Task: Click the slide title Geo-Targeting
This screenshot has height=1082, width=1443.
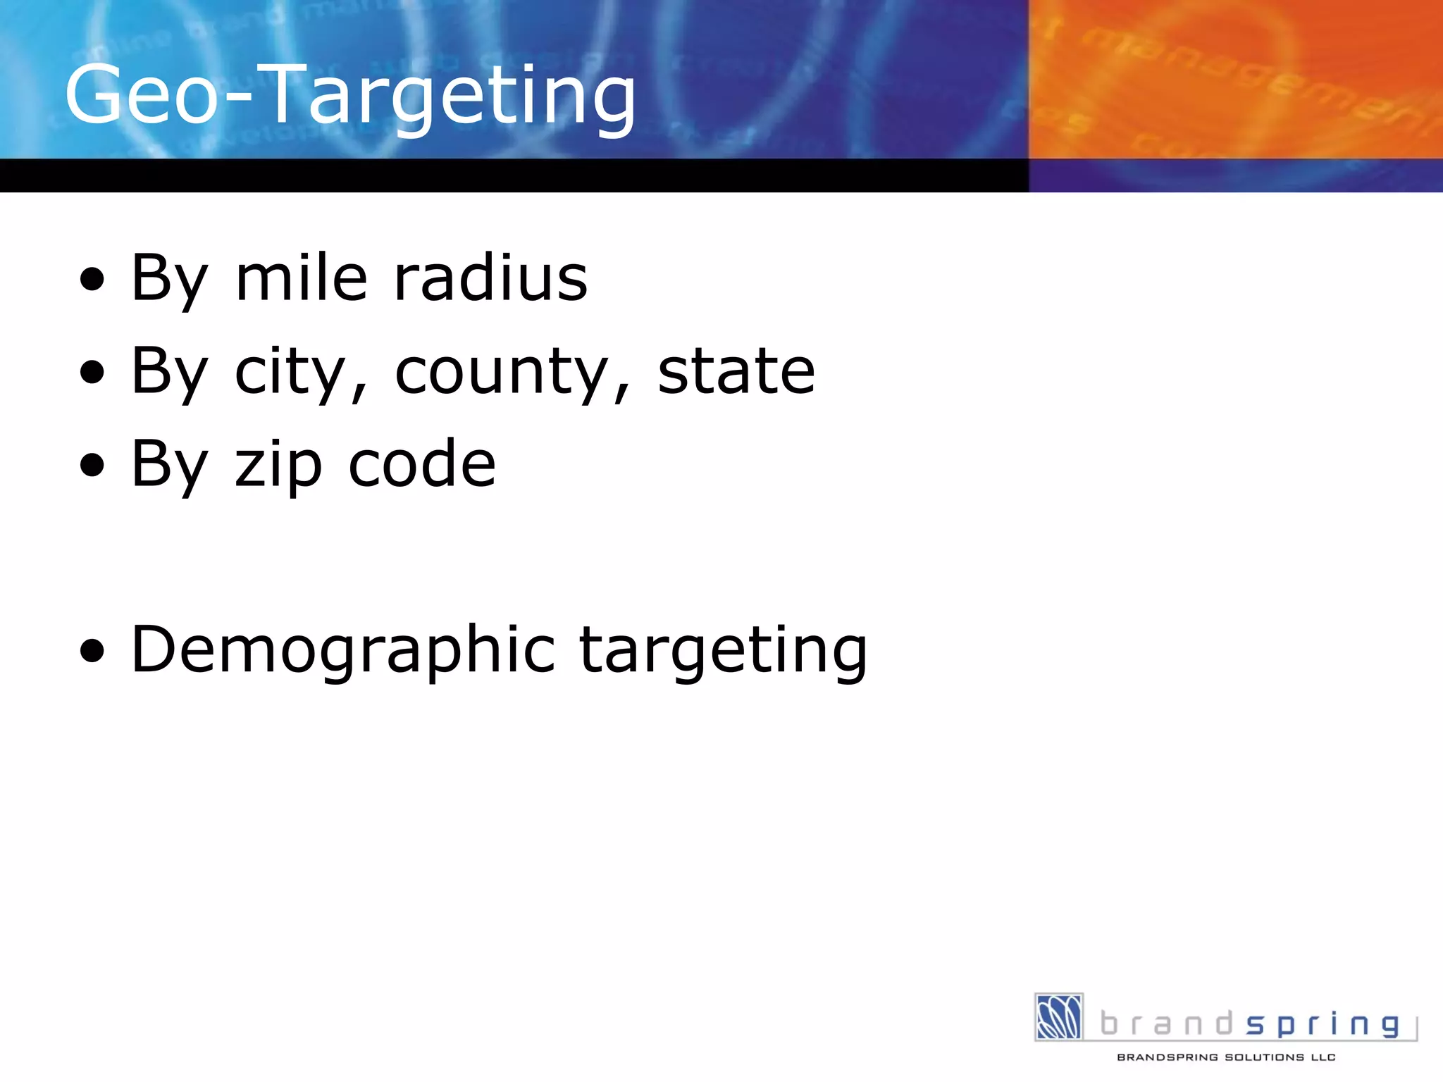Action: pyautogui.click(x=350, y=95)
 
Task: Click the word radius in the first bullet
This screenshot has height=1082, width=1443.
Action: pyautogui.click(x=490, y=278)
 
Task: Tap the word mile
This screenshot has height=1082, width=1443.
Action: pyautogui.click(x=301, y=278)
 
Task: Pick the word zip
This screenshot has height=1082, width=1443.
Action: pyautogui.click(x=278, y=465)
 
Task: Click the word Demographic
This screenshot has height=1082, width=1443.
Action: pyautogui.click(x=343, y=651)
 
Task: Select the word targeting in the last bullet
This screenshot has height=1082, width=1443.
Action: pyautogui.click(x=723, y=651)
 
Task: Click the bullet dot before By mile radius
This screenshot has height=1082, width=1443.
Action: pyautogui.click(x=92, y=280)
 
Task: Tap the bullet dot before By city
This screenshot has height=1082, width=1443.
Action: pyautogui.click(x=92, y=373)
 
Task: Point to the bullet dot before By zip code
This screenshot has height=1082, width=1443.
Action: pyautogui.click(x=92, y=466)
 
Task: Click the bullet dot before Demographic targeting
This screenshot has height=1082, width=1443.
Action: pyautogui.click(x=92, y=652)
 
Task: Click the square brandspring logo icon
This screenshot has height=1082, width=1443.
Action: pyautogui.click(x=1058, y=1016)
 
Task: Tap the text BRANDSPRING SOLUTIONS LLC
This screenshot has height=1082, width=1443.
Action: pyautogui.click(x=1226, y=1057)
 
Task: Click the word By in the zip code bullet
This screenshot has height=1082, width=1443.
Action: pyautogui.click(x=169, y=465)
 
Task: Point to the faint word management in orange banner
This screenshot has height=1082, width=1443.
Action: pyautogui.click(x=1254, y=77)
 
